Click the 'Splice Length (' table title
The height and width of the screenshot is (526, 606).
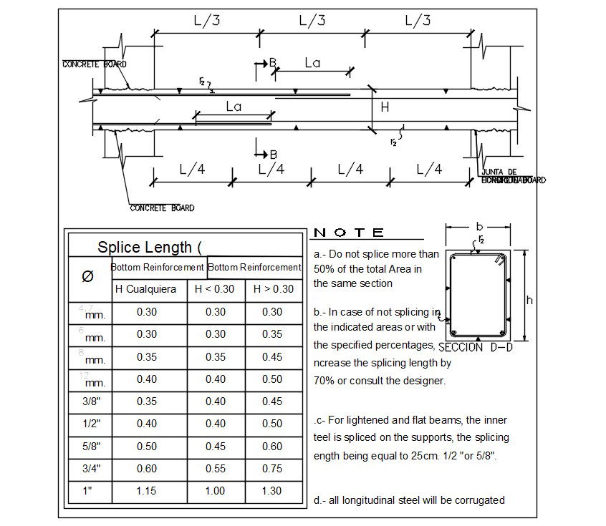tap(150, 248)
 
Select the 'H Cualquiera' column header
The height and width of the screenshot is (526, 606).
tap(146, 289)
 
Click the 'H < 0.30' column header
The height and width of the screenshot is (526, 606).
tap(215, 289)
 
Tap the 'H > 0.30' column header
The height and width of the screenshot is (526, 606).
tap(272, 289)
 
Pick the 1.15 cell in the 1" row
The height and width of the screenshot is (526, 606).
tap(146, 491)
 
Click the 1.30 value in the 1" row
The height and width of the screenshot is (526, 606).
tap(272, 491)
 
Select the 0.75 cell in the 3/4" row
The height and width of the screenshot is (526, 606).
tap(272, 469)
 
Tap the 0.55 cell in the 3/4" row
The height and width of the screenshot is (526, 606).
tap(215, 469)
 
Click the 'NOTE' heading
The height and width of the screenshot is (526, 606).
tap(350, 233)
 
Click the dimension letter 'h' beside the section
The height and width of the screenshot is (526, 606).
tap(529, 301)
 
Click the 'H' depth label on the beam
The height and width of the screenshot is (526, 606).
tap(385, 108)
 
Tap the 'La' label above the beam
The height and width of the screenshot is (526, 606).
tap(312, 63)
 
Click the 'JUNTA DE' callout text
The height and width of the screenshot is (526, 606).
tap(499, 172)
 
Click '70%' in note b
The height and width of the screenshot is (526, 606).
tap(324, 381)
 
